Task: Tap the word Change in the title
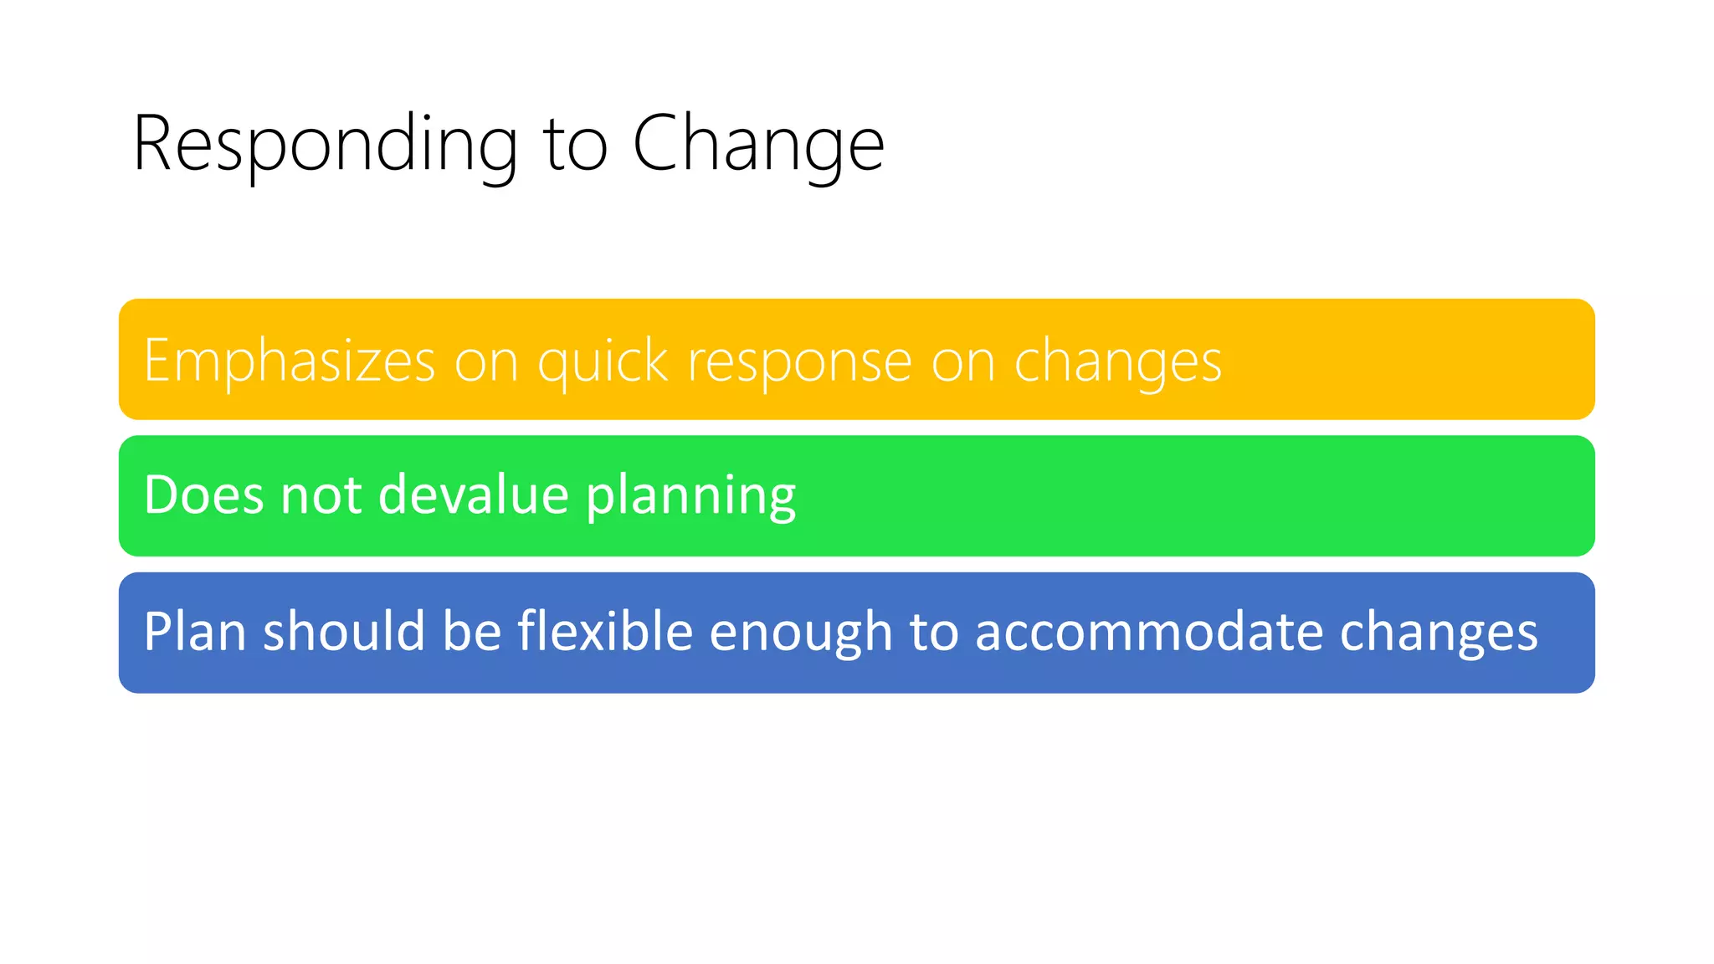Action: tap(757, 145)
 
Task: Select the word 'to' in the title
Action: tap(575, 145)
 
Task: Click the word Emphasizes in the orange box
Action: tap(290, 361)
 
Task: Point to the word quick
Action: tap(603, 362)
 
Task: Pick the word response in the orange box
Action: tap(799, 362)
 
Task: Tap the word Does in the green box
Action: tap(204, 495)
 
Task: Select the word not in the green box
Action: tap(321, 495)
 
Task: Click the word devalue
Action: tap(474, 495)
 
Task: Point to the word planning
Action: tap(690, 496)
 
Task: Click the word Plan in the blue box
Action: tap(194, 631)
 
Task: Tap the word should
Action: tap(344, 631)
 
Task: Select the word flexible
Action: tap(605, 631)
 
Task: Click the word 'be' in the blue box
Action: tap(471, 631)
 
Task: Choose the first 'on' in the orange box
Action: tap(485, 362)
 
